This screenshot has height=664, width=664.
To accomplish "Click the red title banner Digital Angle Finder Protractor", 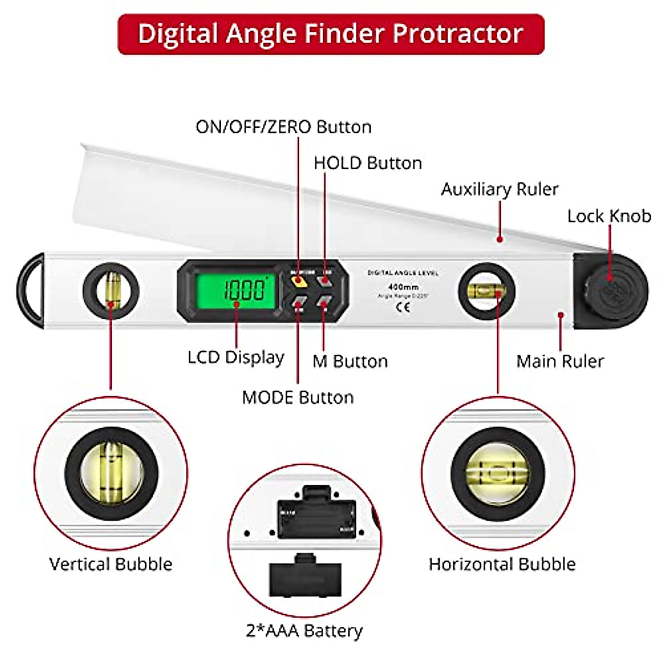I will (x=331, y=34).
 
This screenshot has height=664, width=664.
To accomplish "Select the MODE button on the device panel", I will (x=299, y=302).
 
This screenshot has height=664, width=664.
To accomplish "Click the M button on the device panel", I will (x=324, y=302).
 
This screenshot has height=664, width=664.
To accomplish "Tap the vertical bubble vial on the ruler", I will (x=111, y=290).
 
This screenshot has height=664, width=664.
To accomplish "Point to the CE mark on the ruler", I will (x=403, y=308).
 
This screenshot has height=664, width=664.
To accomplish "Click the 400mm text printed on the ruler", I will (x=403, y=287).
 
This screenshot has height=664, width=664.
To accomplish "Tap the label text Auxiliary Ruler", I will (x=499, y=189).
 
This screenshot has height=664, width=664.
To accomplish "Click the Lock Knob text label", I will (x=609, y=216).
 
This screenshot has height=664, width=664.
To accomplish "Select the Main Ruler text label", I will (x=559, y=361).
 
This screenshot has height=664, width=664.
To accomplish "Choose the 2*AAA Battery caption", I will (x=304, y=630).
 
